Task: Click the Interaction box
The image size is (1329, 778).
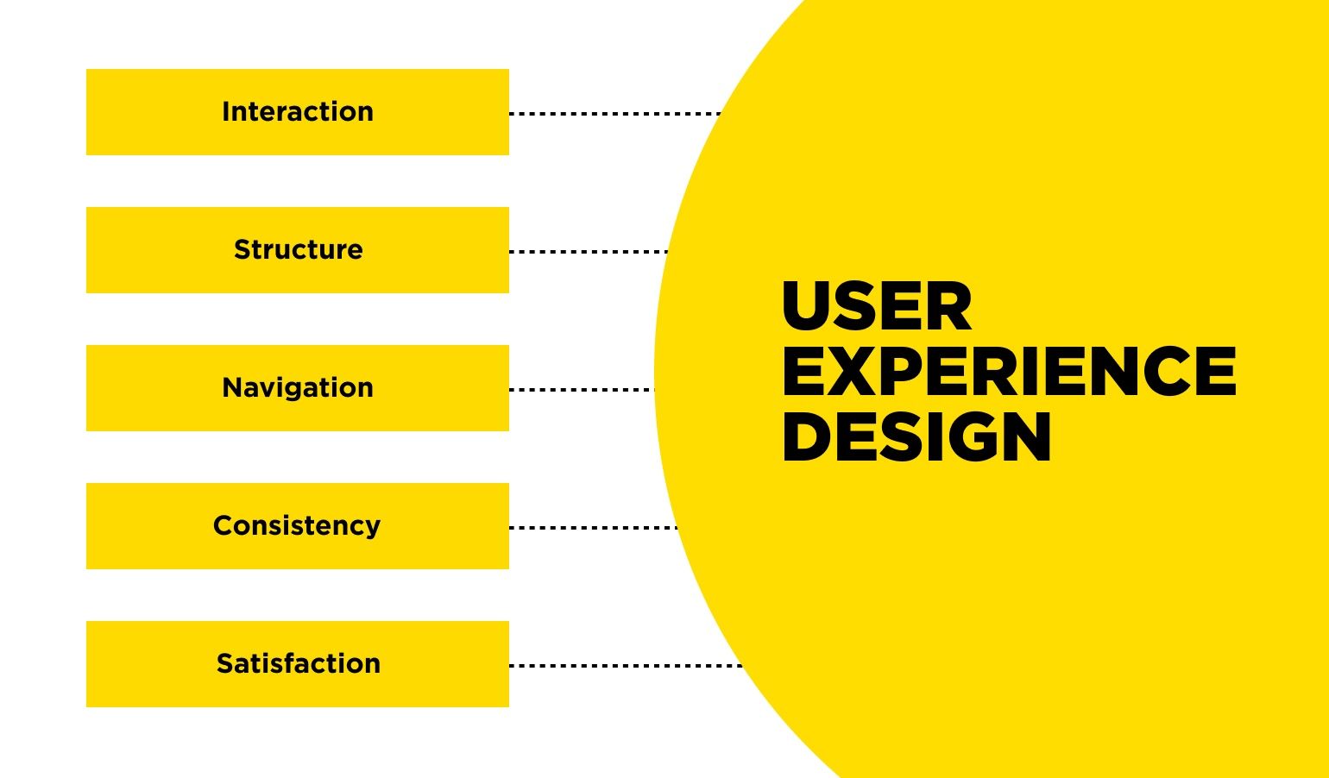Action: (297, 112)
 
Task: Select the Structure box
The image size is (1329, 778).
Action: (297, 250)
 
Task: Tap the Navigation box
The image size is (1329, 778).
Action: (297, 388)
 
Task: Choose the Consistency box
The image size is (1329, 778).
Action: (297, 526)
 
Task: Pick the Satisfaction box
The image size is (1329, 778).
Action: (297, 664)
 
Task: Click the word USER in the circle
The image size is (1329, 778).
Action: (877, 307)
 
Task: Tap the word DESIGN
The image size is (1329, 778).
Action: (916, 436)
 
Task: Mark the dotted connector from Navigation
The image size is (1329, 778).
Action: (582, 389)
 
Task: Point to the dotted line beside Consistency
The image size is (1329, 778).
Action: (594, 527)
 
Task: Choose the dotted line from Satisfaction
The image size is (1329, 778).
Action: (626, 665)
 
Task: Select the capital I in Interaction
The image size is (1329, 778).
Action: (226, 112)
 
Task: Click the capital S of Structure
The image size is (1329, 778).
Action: (242, 250)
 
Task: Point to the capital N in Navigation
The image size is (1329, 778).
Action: (232, 388)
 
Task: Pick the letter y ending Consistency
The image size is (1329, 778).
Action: (373, 528)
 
